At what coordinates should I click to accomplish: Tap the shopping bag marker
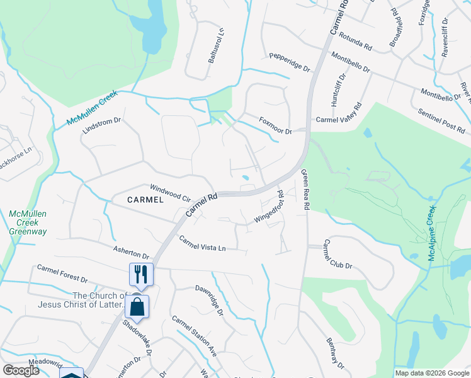coord(137,307)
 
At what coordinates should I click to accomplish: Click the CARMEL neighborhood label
coord(145,200)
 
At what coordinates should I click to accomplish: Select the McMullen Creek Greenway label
coord(28,223)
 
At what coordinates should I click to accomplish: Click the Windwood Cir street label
coord(170,192)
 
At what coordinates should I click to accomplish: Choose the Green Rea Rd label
coord(305,190)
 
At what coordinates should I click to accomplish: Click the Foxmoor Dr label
coord(276,125)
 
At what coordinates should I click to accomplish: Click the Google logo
coord(21,370)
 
